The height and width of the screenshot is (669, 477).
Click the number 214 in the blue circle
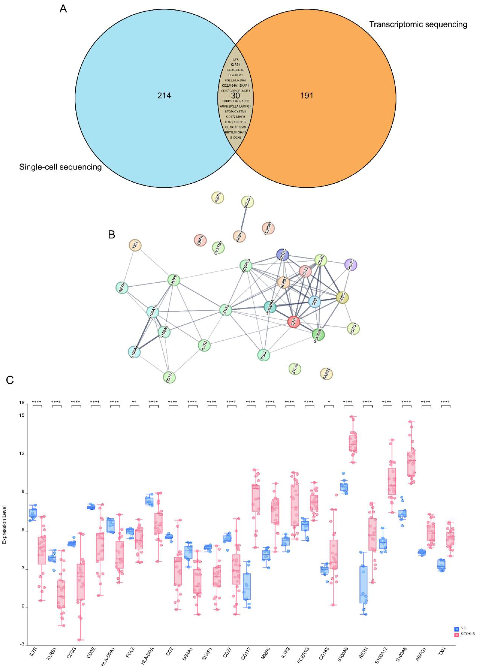point(164,95)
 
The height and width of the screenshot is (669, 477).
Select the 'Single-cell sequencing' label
point(60,167)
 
